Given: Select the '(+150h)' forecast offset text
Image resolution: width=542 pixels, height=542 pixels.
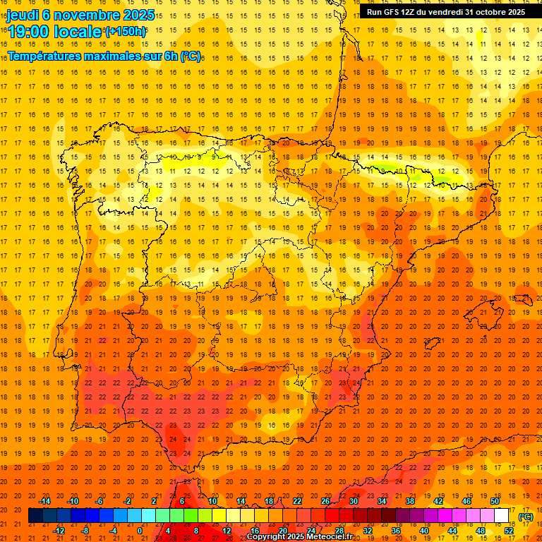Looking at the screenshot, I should [x=126, y=31].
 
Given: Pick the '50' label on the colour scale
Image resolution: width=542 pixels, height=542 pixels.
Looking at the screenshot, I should [x=495, y=501].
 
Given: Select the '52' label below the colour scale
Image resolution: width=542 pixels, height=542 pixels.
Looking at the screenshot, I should [x=509, y=531].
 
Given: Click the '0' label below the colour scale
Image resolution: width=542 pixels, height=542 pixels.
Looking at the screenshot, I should [x=140, y=531].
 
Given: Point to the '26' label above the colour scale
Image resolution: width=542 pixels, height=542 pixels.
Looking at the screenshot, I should [x=325, y=501].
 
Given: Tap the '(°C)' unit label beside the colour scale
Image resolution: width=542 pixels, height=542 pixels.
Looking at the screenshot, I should [x=526, y=516].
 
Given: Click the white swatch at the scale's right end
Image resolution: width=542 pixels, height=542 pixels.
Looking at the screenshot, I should [x=502, y=516].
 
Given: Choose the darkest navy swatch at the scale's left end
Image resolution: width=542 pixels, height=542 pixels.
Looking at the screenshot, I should [x=35, y=516].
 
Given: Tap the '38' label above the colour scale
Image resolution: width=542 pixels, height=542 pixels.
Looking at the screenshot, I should [x=410, y=501].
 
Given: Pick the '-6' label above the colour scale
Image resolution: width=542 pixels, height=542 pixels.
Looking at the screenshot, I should [x=100, y=501].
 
